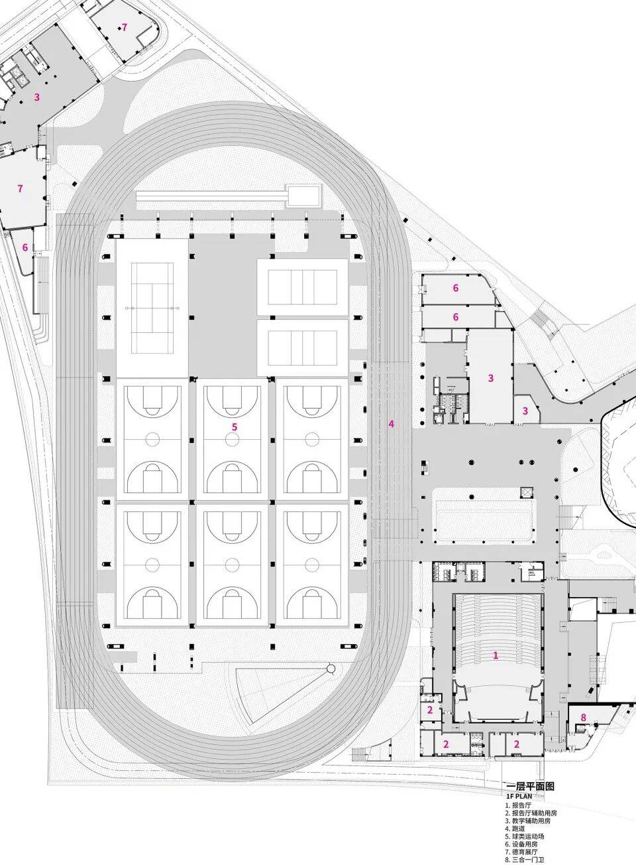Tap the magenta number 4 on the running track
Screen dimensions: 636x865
tap(392, 424)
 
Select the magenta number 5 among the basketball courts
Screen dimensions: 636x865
tap(235, 427)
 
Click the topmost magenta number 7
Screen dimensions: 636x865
tap(124, 27)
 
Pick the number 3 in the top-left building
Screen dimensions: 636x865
tap(37, 97)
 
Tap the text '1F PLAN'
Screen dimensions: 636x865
tap(519, 795)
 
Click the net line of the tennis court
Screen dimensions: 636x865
tap(152, 308)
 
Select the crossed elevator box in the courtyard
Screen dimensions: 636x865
tap(526, 492)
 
